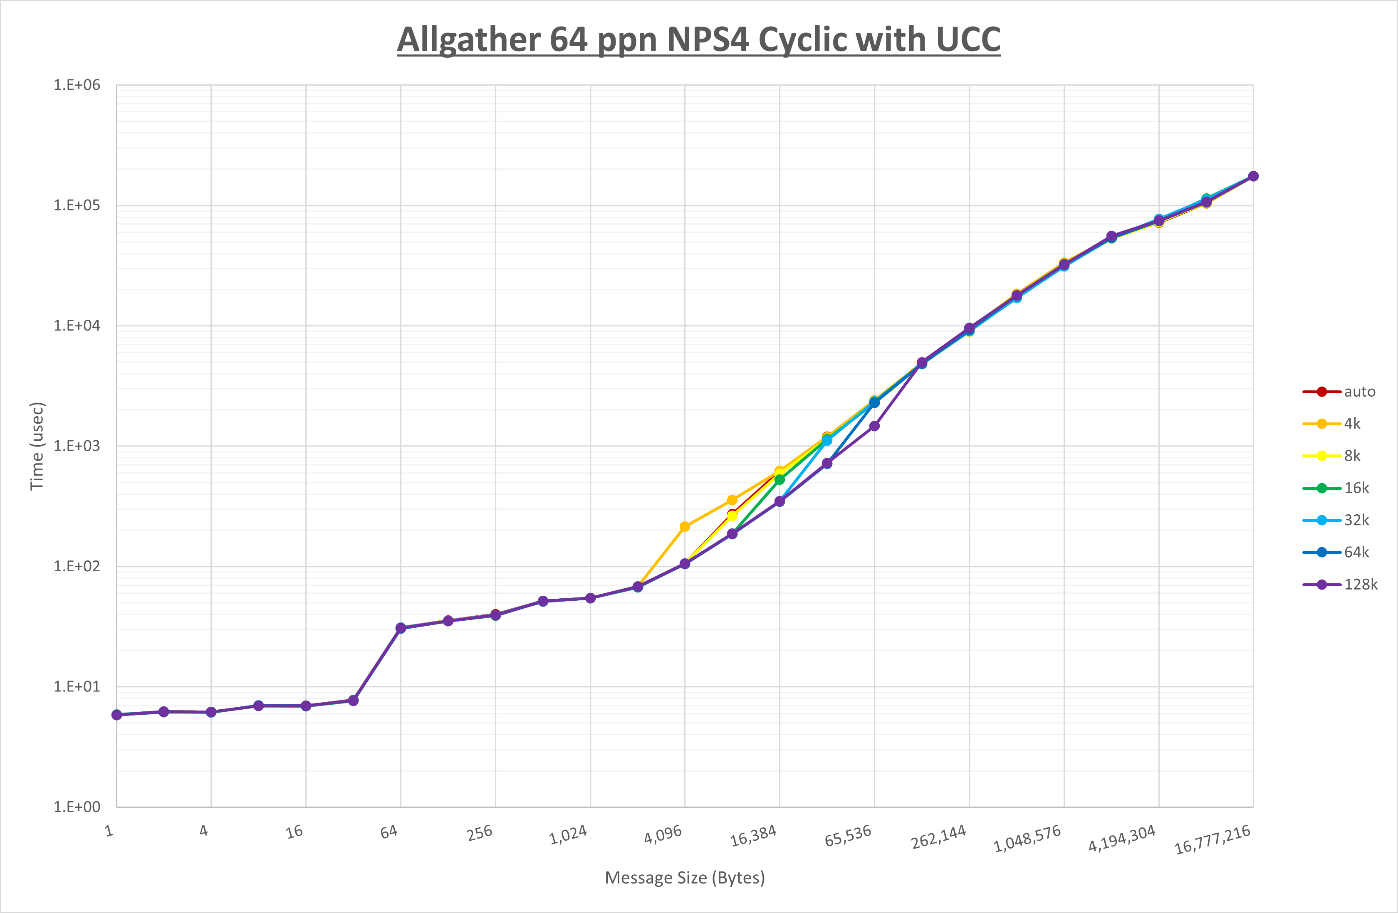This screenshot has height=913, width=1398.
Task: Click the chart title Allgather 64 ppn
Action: click(698, 39)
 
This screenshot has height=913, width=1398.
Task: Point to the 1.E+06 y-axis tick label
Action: click(77, 85)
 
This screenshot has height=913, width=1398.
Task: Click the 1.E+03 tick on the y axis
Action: click(77, 446)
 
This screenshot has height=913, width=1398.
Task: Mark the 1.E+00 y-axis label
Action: click(77, 807)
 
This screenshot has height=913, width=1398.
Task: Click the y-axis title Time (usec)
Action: click(37, 446)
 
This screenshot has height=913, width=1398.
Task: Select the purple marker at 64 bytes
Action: click(401, 628)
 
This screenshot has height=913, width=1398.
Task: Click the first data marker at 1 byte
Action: click(117, 715)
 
